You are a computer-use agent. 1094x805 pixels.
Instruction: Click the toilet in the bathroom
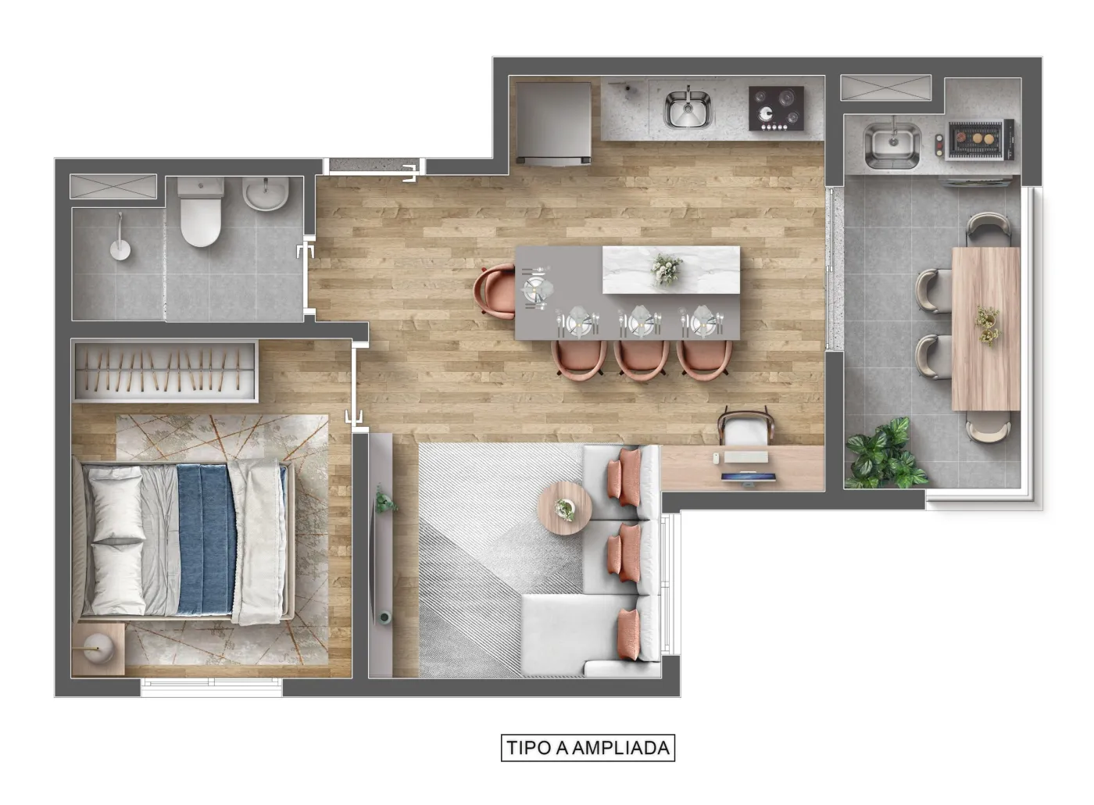201,212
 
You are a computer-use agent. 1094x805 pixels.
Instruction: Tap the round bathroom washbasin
266,194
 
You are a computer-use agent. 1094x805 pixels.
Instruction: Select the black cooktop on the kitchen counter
776,109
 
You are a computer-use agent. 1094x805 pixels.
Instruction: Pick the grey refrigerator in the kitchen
553,123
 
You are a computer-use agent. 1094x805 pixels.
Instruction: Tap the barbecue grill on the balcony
981,140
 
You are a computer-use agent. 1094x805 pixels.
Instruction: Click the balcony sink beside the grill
892,145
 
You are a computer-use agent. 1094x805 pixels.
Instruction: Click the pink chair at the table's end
494,292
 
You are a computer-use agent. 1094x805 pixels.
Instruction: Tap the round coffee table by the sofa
564,508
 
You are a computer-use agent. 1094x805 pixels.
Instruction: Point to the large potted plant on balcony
884,455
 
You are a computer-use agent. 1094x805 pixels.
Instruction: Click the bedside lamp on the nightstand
99,648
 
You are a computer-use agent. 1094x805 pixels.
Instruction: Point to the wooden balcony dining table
985,329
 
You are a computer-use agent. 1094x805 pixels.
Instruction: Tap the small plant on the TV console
385,499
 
